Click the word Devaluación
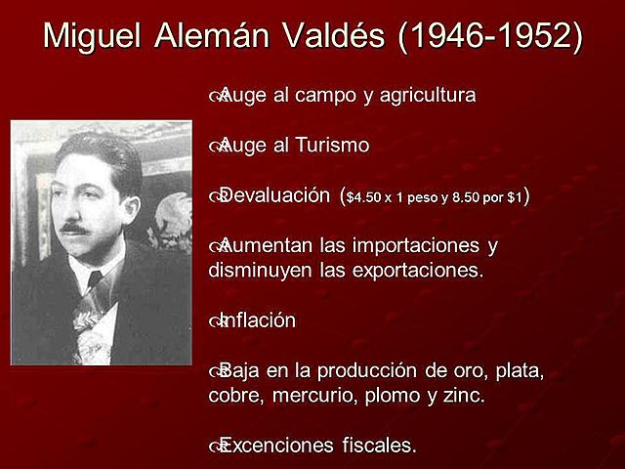coord(276,195)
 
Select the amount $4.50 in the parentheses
coord(366,197)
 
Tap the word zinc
coord(464,397)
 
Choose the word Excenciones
coord(275,446)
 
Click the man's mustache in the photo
coord(74,229)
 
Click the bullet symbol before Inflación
coord(216,321)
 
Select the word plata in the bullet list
coord(519,371)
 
